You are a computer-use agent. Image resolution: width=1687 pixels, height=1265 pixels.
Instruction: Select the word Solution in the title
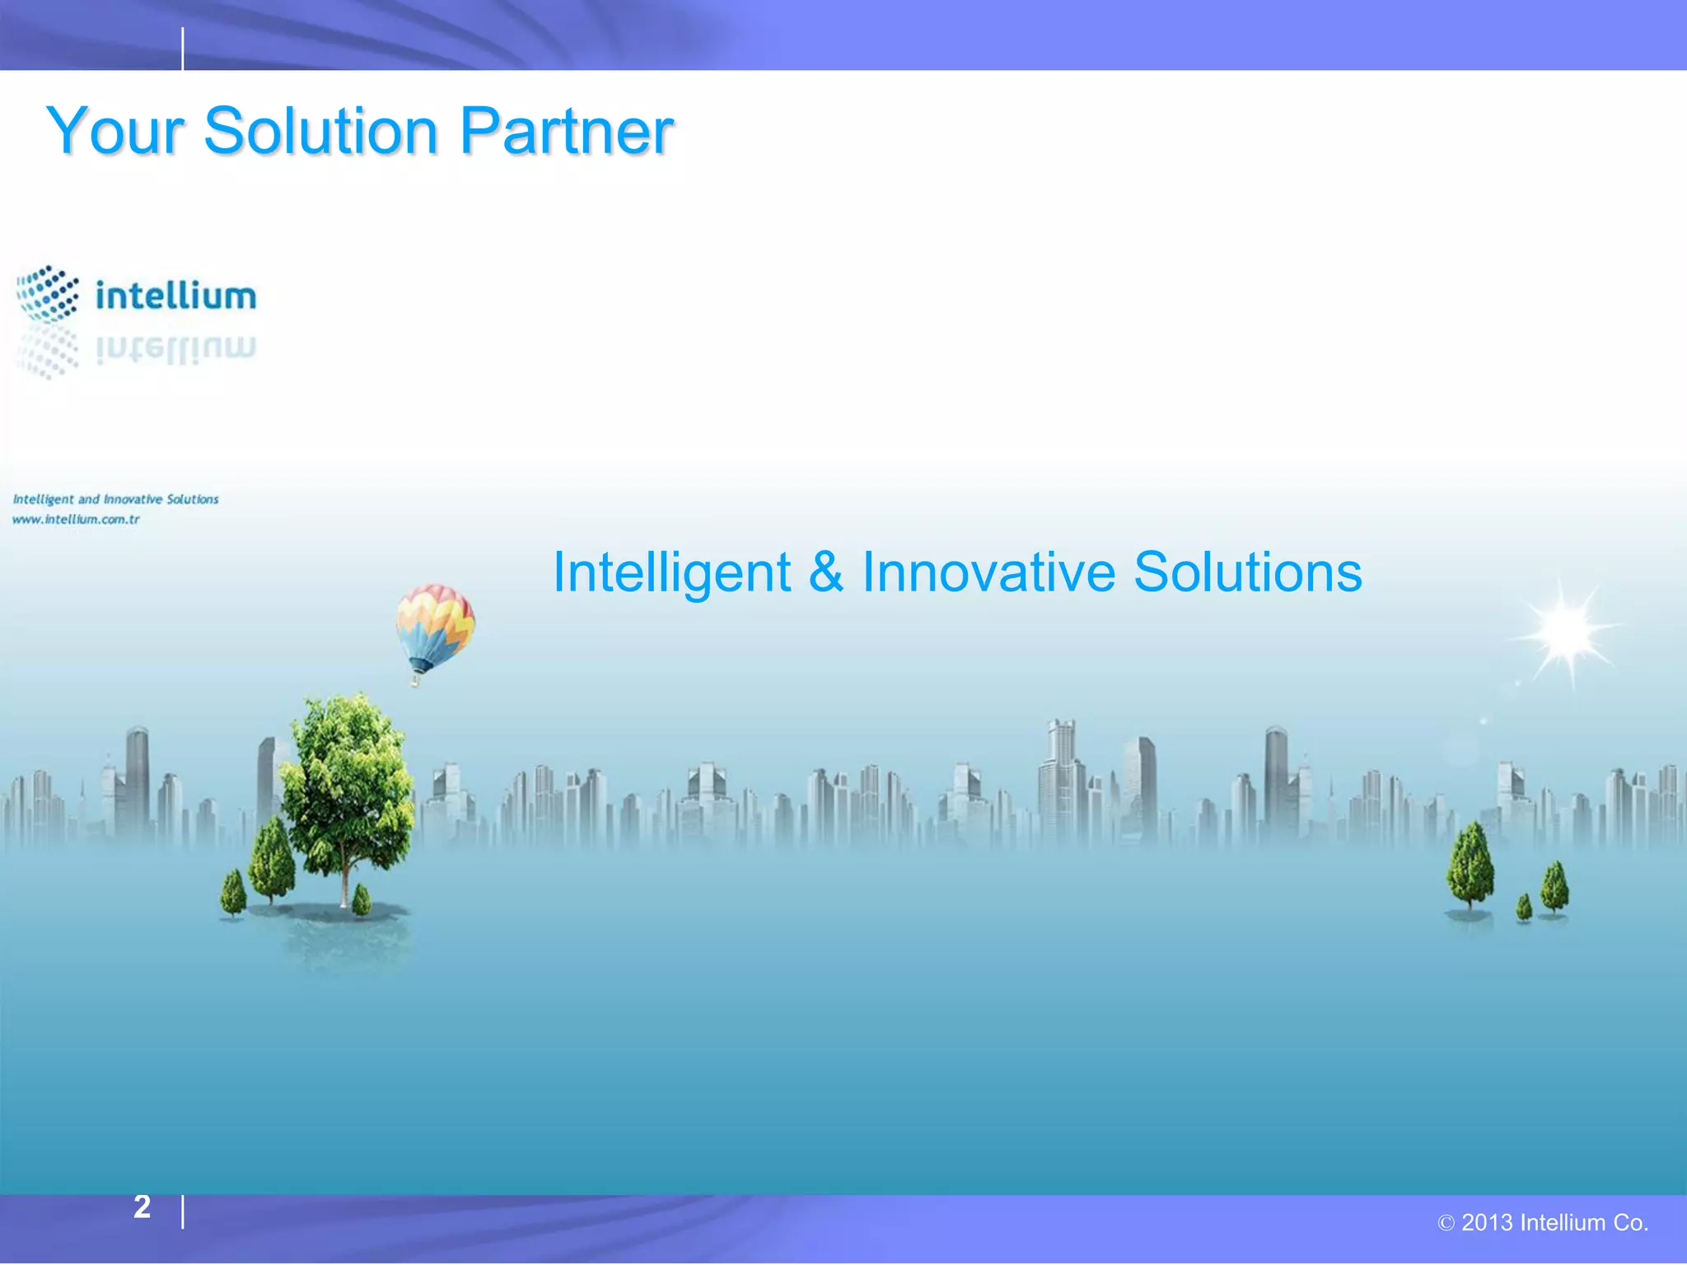320,132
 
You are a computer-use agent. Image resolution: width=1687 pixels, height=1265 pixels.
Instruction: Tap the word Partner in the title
567,132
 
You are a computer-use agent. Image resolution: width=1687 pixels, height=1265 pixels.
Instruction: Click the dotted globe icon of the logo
48,293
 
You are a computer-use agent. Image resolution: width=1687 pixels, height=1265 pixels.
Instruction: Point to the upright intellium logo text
175,296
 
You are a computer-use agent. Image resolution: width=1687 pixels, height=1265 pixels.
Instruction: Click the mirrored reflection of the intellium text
175,349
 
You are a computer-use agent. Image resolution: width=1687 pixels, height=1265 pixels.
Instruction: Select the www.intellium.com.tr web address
76,520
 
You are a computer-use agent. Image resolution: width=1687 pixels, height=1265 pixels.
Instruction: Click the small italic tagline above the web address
115,499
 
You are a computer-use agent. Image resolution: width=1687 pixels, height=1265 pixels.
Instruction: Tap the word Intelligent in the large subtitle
671,573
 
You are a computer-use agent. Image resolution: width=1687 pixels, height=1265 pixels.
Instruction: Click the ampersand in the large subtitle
826,573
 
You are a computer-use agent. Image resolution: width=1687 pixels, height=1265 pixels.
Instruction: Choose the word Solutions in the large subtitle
1247,573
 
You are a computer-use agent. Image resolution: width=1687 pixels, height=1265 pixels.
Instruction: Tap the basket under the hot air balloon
416,680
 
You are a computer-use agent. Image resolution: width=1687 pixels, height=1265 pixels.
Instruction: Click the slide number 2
142,1207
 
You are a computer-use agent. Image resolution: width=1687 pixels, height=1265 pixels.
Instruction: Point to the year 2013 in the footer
1487,1223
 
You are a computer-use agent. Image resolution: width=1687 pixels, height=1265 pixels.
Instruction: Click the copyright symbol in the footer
1446,1224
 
